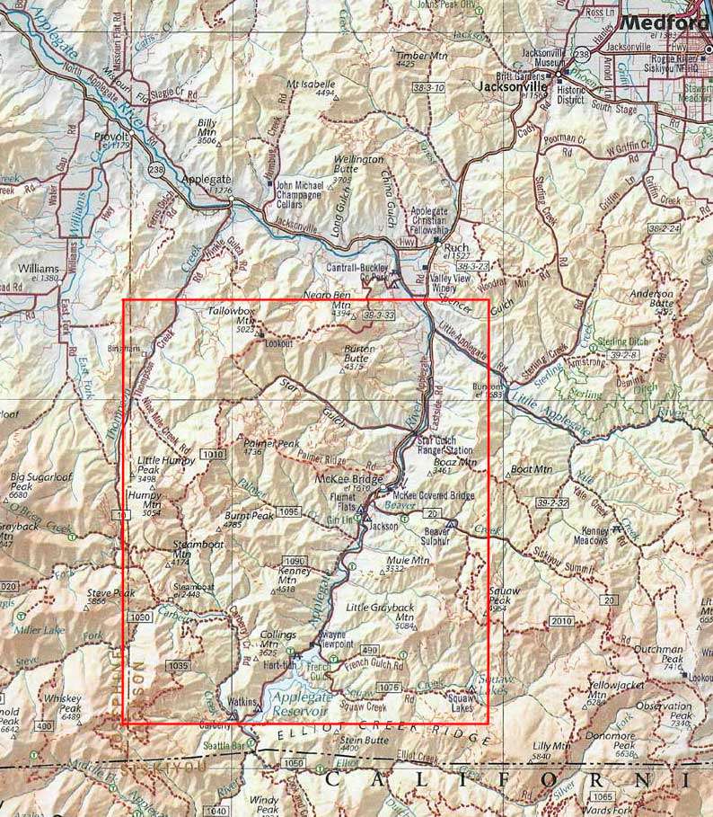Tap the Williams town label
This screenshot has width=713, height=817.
pyautogui.click(x=37, y=269)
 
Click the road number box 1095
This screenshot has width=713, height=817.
pyautogui.click(x=288, y=511)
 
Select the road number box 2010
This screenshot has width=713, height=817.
pyautogui.click(x=561, y=621)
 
